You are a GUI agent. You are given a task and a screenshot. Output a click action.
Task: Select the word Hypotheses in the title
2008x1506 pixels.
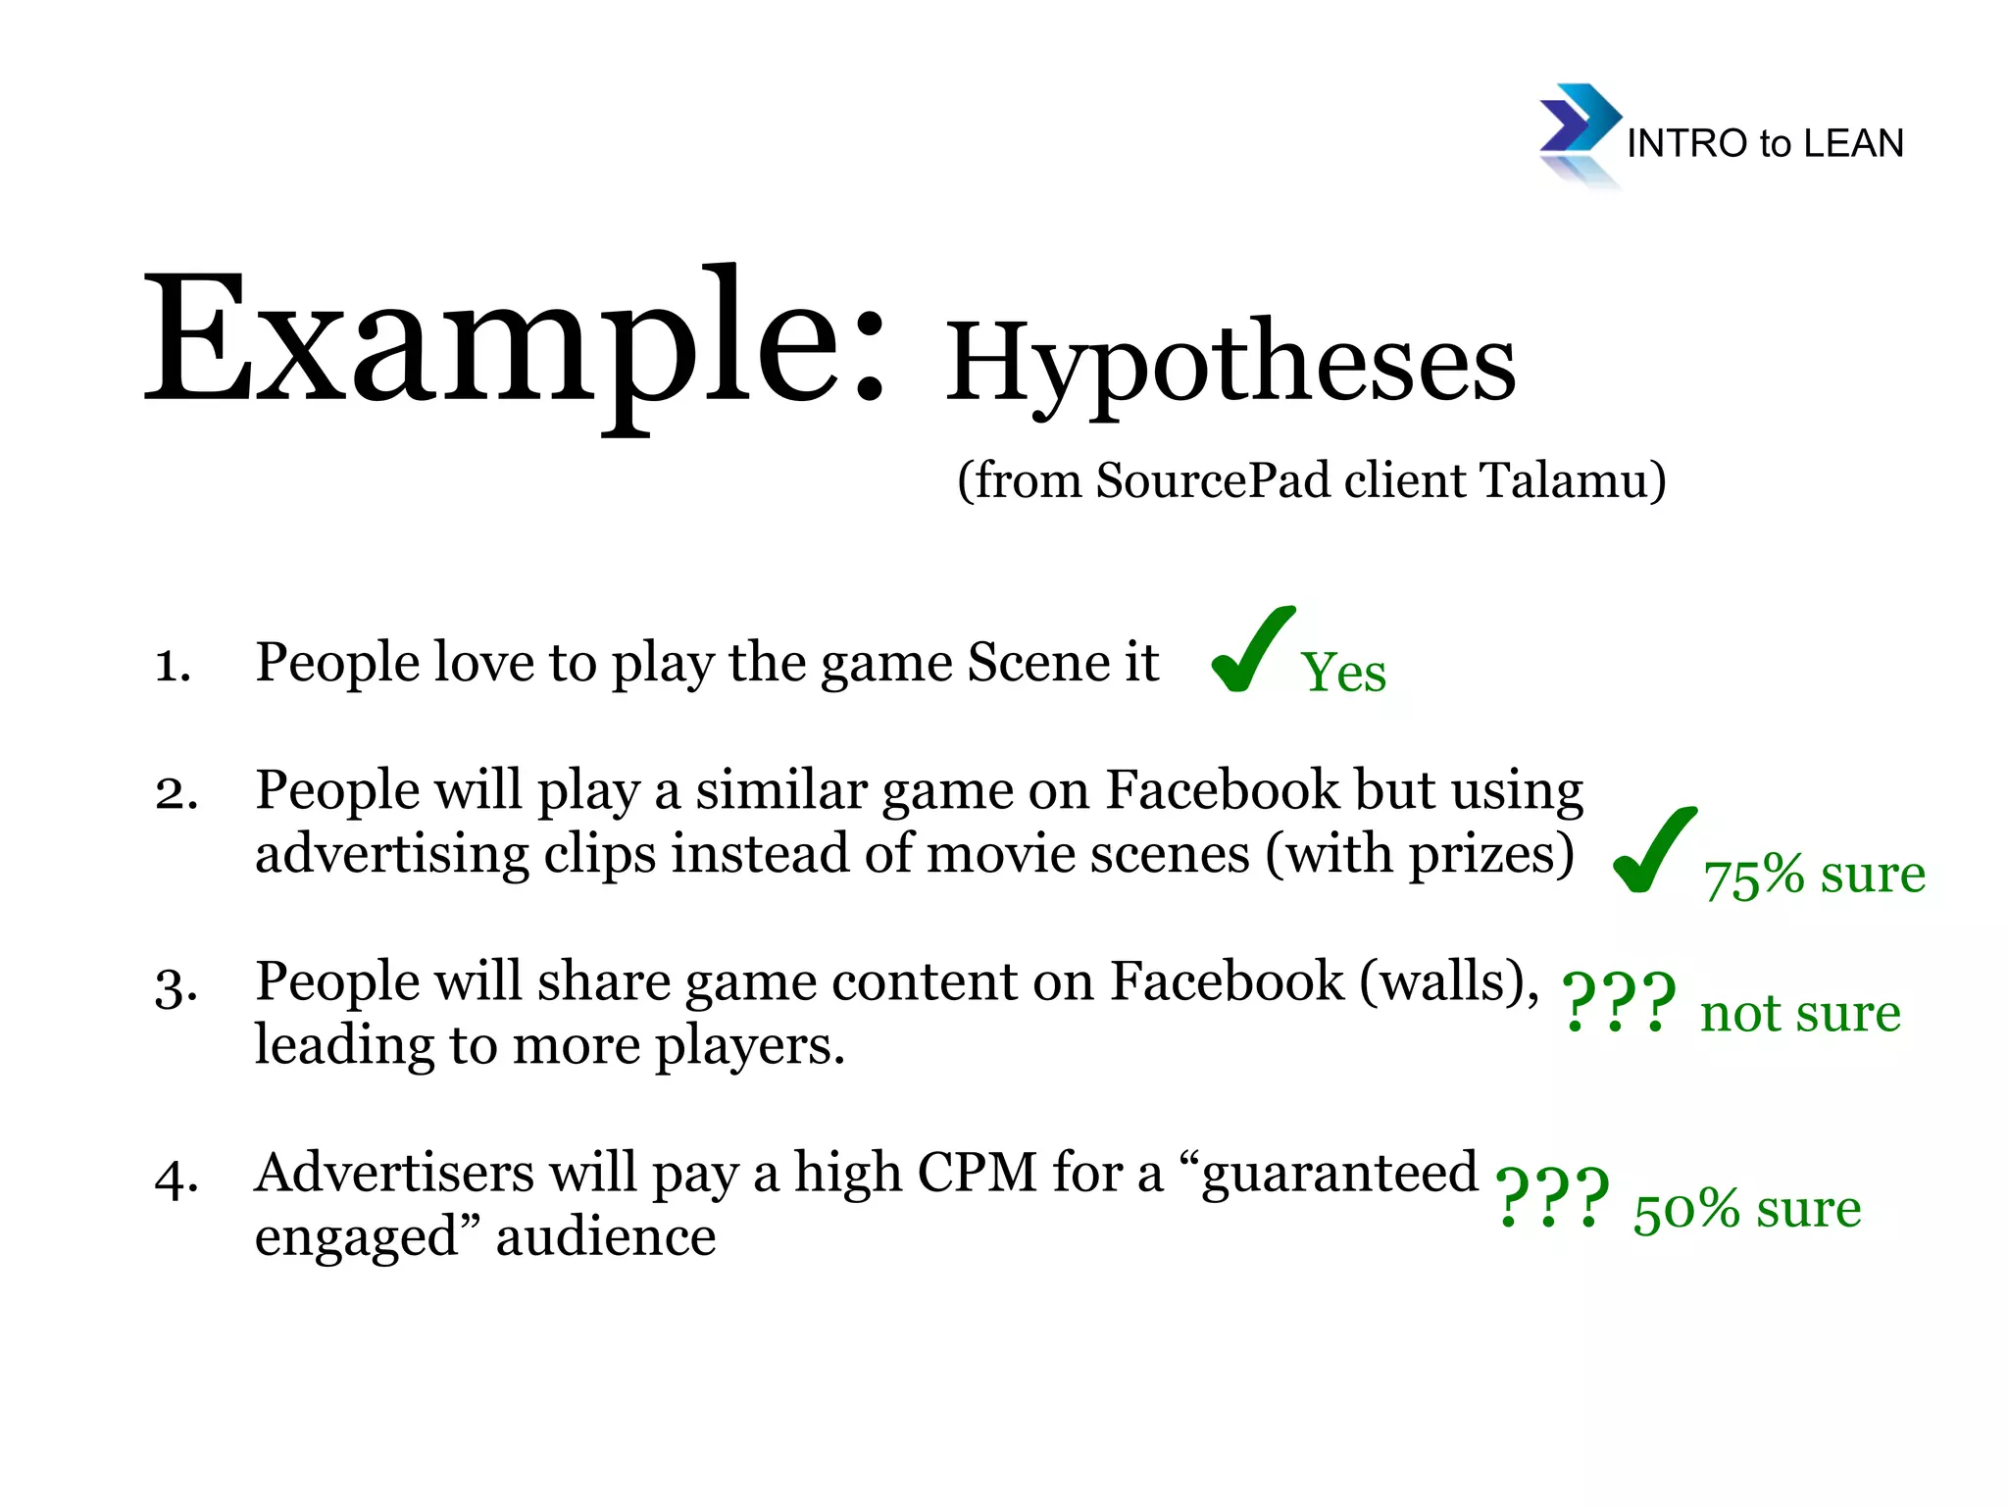point(1230,363)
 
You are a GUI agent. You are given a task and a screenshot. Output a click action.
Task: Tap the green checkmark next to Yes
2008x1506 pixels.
point(1250,649)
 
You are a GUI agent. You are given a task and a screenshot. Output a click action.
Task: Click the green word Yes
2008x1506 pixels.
point(1343,674)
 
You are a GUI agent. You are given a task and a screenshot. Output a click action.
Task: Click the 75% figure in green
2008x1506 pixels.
point(1753,876)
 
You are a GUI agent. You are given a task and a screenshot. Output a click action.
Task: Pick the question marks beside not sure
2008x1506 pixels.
point(1618,1003)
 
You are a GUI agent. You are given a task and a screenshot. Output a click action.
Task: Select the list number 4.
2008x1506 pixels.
point(176,1178)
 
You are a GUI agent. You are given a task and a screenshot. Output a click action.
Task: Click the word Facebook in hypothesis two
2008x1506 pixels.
point(1222,790)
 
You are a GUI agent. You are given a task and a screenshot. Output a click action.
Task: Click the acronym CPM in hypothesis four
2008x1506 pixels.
point(976,1173)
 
